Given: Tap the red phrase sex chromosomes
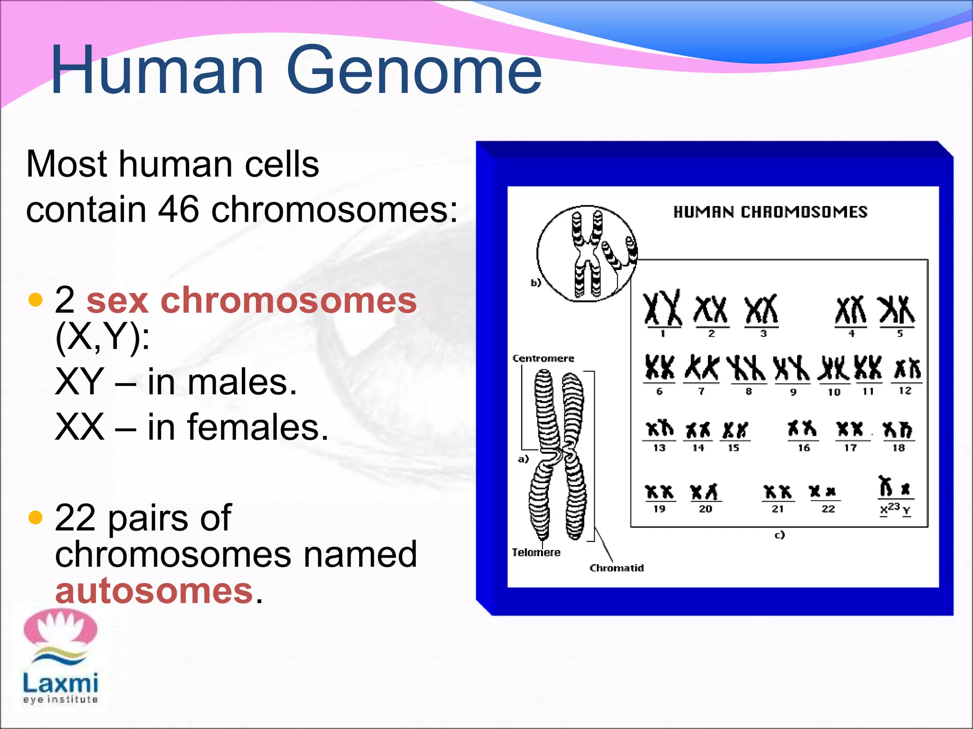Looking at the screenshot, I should [x=252, y=301].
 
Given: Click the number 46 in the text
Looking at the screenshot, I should [x=179, y=209].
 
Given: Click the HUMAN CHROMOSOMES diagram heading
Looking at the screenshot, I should [x=770, y=212].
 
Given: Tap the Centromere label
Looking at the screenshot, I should [x=543, y=358].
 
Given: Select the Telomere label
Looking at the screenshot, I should [x=536, y=552].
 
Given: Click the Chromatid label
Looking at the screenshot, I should [x=616, y=568].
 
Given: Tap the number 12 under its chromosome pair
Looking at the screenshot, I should [x=905, y=391].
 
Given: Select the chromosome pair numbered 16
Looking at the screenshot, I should [x=802, y=429].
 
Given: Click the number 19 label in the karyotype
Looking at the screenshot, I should [x=659, y=509].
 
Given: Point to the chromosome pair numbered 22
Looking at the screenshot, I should [x=823, y=492].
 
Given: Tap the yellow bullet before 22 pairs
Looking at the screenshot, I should [x=36, y=517].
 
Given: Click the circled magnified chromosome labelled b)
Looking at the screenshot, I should [x=587, y=254].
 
